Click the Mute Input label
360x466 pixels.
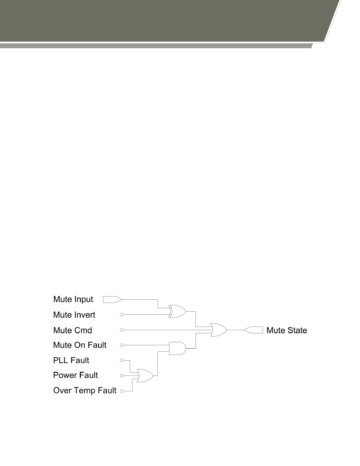pos(73,299)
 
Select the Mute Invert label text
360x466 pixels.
pos(74,315)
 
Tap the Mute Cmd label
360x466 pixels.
pos(72,330)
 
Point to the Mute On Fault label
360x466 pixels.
pos(80,345)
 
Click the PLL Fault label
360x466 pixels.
pos(71,360)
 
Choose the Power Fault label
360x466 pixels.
pos(75,375)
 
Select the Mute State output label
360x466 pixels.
pos(287,330)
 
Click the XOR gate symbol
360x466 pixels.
pos(177,311)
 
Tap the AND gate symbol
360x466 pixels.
pos(177,348)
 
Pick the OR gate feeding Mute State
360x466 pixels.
pos(218,330)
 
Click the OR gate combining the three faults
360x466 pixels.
pos(145,376)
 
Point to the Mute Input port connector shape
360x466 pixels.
pos(112,300)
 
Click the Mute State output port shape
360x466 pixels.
pos(254,330)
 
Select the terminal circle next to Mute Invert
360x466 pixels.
pos(122,315)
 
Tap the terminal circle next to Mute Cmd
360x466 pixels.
pos(122,330)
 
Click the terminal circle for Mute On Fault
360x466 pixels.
pos(122,345)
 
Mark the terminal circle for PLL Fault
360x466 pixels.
pos(122,360)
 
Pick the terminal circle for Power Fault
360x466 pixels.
pos(122,376)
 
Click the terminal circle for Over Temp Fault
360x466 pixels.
pos(122,391)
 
